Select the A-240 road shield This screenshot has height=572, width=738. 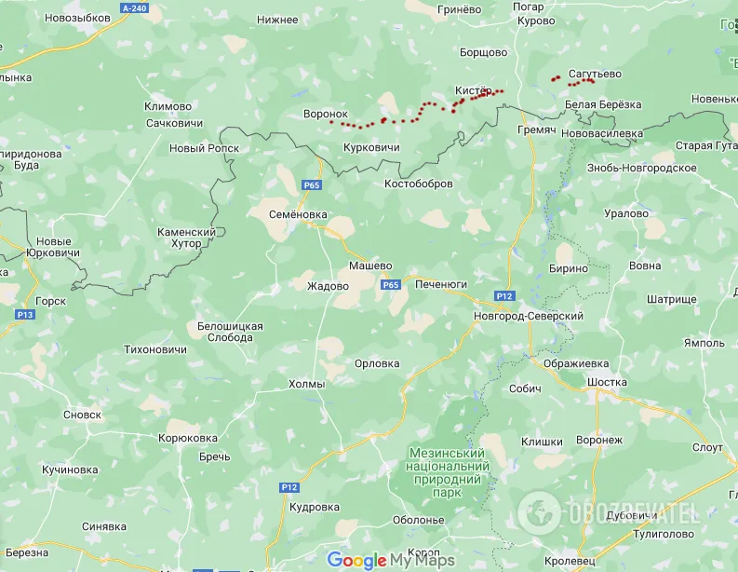click(x=135, y=7)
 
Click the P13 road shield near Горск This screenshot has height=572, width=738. click(x=25, y=315)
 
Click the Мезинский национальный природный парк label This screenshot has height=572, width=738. click(x=449, y=472)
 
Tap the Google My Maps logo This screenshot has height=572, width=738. click(x=389, y=560)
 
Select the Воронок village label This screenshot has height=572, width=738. click(x=325, y=115)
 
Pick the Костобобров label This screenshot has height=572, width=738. click(x=419, y=184)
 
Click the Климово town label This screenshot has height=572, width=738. click(x=168, y=106)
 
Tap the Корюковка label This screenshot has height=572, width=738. click(x=188, y=438)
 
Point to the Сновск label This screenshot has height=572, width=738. click(x=82, y=415)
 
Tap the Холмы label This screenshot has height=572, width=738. click(x=307, y=384)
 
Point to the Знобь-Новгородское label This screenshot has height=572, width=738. click(x=642, y=168)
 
